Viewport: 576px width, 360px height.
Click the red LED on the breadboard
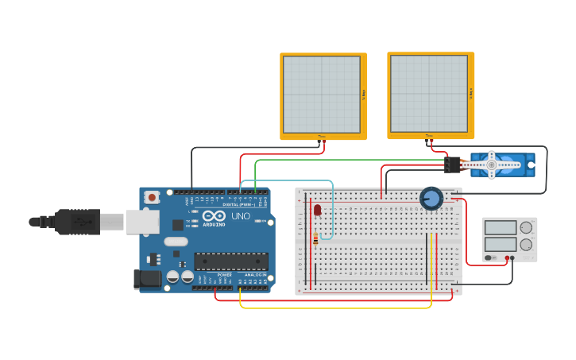[x=317, y=210]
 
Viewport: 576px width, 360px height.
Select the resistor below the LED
[x=315, y=238]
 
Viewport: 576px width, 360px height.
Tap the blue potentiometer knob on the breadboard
[x=431, y=198]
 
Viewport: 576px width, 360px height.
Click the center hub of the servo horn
[x=492, y=165]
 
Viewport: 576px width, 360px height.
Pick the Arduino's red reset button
[x=152, y=196]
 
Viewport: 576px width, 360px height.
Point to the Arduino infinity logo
[x=214, y=215]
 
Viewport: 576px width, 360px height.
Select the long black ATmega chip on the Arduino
[x=231, y=261]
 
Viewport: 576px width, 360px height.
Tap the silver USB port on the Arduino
[x=142, y=222]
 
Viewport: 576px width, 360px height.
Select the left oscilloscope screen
[x=322, y=95]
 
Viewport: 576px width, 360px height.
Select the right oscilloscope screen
[x=429, y=94]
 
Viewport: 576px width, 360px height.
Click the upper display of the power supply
[x=501, y=228]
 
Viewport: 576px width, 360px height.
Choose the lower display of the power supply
[x=501, y=245]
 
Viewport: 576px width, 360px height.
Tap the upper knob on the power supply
[x=526, y=228]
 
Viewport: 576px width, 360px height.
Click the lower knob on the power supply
[x=526, y=246]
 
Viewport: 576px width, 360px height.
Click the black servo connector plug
[x=452, y=165]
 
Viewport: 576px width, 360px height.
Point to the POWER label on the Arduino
[x=225, y=275]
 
